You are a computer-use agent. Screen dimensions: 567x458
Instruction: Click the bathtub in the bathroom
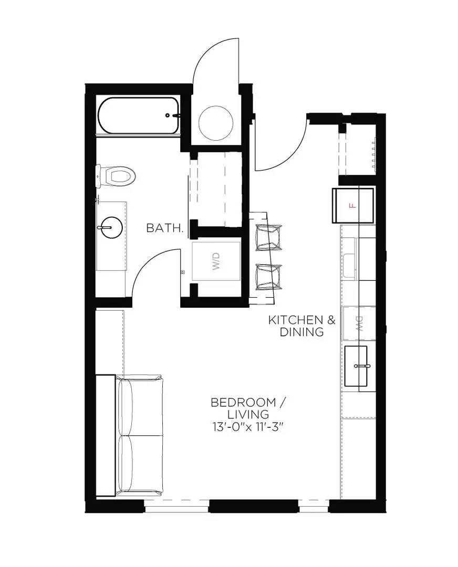pos(138,115)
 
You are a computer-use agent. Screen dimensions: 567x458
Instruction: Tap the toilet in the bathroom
pos(118,175)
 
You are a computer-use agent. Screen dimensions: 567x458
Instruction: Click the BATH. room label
pos(165,228)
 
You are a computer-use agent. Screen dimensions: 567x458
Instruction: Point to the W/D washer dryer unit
pos(216,261)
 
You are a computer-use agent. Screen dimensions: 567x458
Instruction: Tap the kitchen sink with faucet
pos(362,365)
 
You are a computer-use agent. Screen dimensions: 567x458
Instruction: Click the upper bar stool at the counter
pos(268,237)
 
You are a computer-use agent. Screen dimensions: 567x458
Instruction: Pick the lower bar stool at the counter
pos(268,277)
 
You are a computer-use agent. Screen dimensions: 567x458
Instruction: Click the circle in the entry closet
pos(215,121)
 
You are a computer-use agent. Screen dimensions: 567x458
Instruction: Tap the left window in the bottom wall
pos(176,506)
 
